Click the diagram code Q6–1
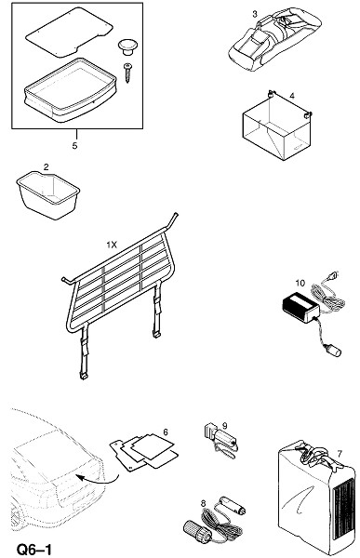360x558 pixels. coord(34,549)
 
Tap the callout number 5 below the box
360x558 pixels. coord(74,146)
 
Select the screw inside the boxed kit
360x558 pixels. coord(127,73)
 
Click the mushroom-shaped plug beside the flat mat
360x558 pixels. coord(127,47)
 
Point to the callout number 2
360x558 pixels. coord(47,166)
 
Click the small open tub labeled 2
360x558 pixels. coord(48,194)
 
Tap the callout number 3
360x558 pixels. coord(255,15)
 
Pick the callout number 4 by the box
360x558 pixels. coord(292,96)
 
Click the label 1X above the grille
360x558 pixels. coord(112,246)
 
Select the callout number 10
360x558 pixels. coord(300,284)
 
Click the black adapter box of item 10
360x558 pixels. coord(300,305)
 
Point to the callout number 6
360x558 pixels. coord(166,432)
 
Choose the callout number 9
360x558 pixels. coord(225,426)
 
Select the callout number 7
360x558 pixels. coord(340,454)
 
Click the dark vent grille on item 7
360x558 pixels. coord(342,509)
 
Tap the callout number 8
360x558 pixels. coord(204,503)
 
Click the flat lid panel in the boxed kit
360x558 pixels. coord(70,32)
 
